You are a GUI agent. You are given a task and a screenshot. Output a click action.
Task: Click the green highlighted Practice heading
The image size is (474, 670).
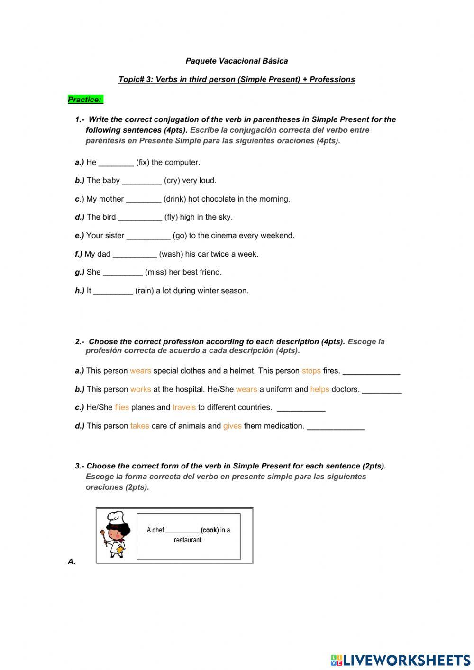(x=85, y=100)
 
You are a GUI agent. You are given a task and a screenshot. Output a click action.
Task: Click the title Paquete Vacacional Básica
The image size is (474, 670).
(x=237, y=61)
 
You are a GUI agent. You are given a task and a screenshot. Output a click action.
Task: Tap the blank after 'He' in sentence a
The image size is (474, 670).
(x=116, y=163)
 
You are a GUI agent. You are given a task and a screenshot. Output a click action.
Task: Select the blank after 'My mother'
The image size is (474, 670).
(x=144, y=200)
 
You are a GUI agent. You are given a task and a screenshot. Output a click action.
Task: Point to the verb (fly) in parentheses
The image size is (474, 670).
(x=171, y=217)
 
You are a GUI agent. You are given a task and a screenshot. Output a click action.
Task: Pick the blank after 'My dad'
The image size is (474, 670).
(x=135, y=255)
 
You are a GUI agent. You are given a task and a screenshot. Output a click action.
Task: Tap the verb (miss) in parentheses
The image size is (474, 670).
(x=156, y=272)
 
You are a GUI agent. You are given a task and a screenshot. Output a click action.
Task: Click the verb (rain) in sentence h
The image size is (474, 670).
(x=144, y=291)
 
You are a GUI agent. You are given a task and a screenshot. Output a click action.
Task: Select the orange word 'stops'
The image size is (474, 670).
(x=311, y=371)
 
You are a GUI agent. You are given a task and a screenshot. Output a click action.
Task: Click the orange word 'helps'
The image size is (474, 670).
(x=319, y=389)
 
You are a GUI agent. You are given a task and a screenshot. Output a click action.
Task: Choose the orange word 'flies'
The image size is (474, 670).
(x=122, y=407)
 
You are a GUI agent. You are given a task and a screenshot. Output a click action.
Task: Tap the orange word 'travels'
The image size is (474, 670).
(x=184, y=407)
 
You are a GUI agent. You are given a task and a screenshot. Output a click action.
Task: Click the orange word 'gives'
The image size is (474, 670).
(x=232, y=426)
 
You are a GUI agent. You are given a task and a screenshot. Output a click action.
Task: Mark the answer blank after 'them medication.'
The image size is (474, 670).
(x=336, y=427)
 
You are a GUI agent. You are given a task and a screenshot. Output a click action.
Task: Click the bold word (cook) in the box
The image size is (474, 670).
(x=210, y=530)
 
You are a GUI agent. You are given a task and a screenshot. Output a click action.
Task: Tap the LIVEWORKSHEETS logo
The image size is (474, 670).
(x=401, y=660)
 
